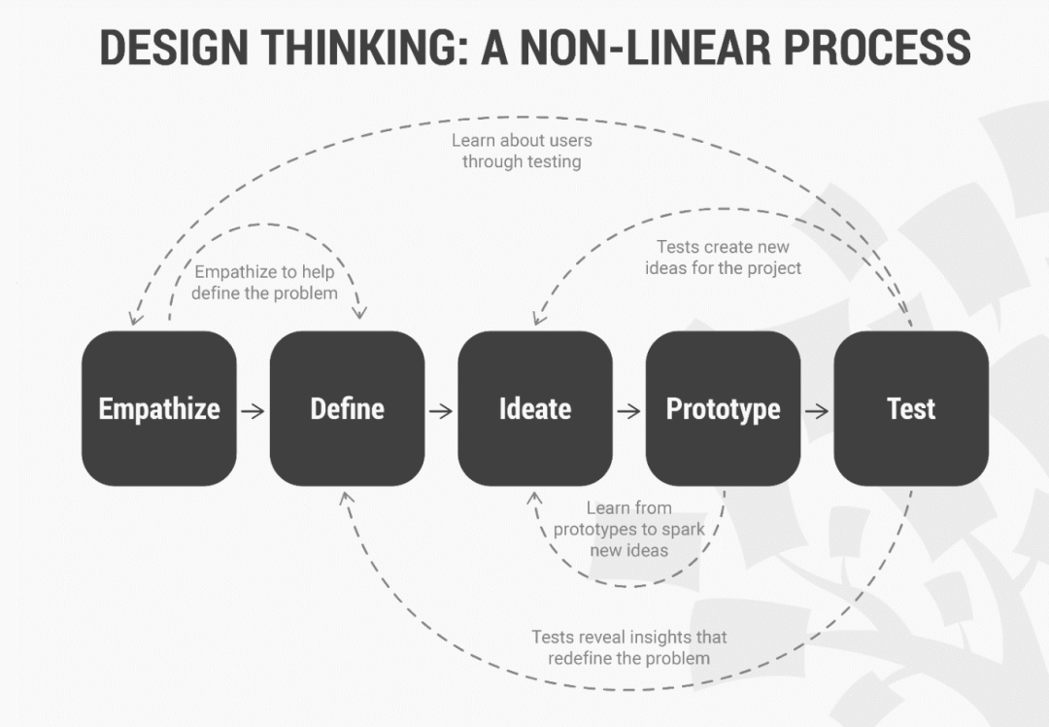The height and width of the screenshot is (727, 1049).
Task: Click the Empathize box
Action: (x=159, y=408)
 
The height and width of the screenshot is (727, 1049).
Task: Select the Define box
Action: (x=347, y=408)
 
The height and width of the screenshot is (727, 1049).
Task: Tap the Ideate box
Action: (x=535, y=408)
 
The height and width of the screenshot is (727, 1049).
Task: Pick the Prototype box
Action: (x=723, y=408)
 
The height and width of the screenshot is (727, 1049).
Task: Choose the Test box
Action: (x=911, y=408)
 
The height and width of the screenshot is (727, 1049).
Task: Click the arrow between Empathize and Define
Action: (x=253, y=410)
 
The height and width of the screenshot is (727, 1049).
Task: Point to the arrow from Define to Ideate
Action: (x=441, y=410)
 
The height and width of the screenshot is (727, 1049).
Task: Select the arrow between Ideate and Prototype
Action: (x=629, y=410)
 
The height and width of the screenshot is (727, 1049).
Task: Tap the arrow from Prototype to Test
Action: (x=817, y=410)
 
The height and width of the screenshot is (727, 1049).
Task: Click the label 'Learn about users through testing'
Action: (x=522, y=151)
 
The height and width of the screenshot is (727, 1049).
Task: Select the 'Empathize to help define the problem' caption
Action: (x=264, y=282)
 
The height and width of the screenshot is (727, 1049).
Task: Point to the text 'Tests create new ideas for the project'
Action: (x=723, y=258)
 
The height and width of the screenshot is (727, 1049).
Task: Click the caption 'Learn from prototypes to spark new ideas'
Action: (x=628, y=529)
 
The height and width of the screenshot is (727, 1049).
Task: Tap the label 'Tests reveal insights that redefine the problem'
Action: (x=628, y=647)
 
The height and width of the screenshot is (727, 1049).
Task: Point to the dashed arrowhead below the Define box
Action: (x=347, y=497)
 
